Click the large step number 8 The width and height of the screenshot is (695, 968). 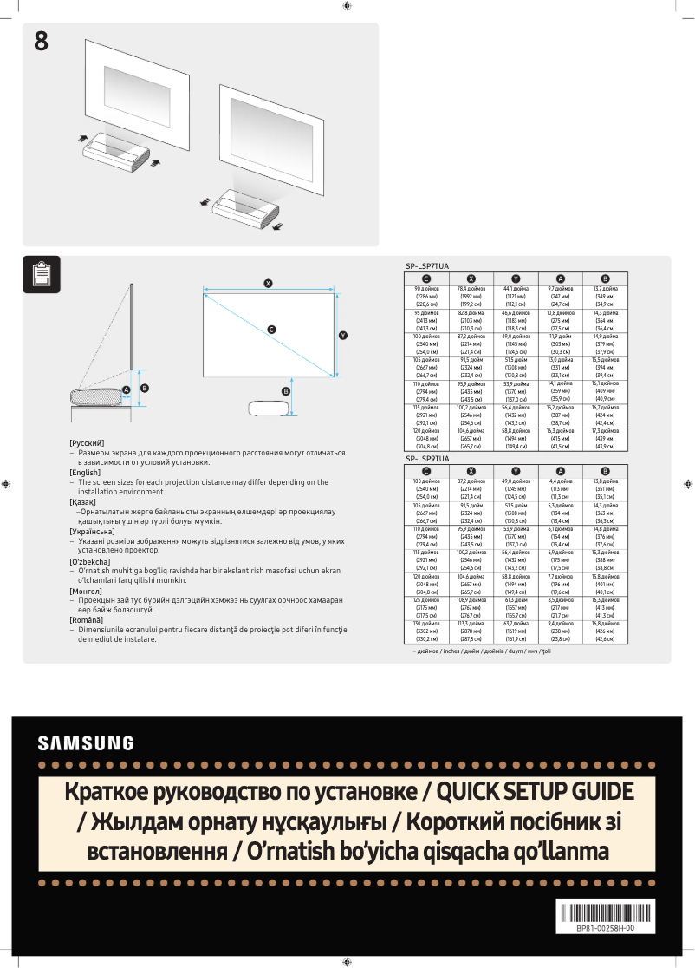pos(41,40)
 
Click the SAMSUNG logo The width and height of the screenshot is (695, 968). pos(86,743)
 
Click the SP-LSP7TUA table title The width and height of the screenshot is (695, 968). pos(427,266)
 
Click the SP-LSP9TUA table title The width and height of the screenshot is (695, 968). pos(427,458)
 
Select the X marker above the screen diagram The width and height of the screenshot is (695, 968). pos(269,284)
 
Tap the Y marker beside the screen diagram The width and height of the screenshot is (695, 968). pos(343,335)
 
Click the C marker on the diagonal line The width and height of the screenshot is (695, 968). pos(271,330)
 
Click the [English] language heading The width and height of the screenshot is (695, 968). pos(85,472)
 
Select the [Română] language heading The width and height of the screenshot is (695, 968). pos(86,621)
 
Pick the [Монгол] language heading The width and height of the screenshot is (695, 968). pos(86,591)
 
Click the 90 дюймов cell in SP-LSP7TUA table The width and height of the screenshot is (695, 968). pos(427,288)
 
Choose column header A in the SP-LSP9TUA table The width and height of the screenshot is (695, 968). pos(561,471)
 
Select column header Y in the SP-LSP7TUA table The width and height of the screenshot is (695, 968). pos(516,278)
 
